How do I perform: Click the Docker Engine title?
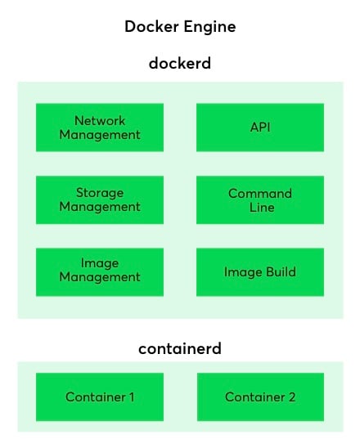(x=180, y=27)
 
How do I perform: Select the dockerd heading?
(x=180, y=63)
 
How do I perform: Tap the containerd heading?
(x=180, y=348)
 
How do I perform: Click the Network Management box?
(x=100, y=128)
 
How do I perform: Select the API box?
(x=260, y=128)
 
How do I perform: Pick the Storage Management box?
(x=100, y=200)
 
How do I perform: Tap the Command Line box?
(x=260, y=200)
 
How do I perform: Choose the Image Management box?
(x=100, y=272)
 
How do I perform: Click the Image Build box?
(x=260, y=272)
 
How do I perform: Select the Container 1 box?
(x=100, y=396)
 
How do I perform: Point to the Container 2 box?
(x=260, y=396)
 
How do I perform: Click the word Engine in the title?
(x=209, y=28)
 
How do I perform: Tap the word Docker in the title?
(x=151, y=27)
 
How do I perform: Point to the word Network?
(x=100, y=121)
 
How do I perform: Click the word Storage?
(x=100, y=194)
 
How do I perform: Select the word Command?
(x=260, y=194)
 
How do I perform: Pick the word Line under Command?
(x=262, y=207)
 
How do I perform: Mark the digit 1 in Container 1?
(x=132, y=397)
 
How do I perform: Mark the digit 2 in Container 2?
(x=292, y=397)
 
